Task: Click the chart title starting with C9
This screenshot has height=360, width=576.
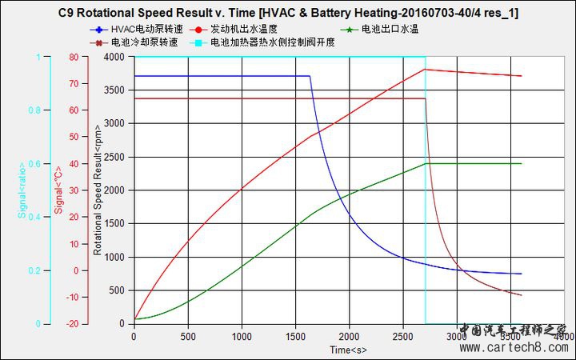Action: pos(288,14)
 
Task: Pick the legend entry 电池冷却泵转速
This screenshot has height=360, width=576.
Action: pos(145,42)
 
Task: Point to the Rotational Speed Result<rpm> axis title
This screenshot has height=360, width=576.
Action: pos(98,191)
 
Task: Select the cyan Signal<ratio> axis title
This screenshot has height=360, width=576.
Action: pos(22,190)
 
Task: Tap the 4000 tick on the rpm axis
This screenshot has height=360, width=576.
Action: pos(113,58)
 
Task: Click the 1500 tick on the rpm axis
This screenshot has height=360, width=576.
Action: pos(113,224)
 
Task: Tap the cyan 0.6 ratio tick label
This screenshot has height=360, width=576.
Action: pos(34,164)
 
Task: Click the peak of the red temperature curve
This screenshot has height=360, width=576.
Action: pos(426,70)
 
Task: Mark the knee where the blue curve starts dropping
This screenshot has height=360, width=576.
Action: pos(310,77)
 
